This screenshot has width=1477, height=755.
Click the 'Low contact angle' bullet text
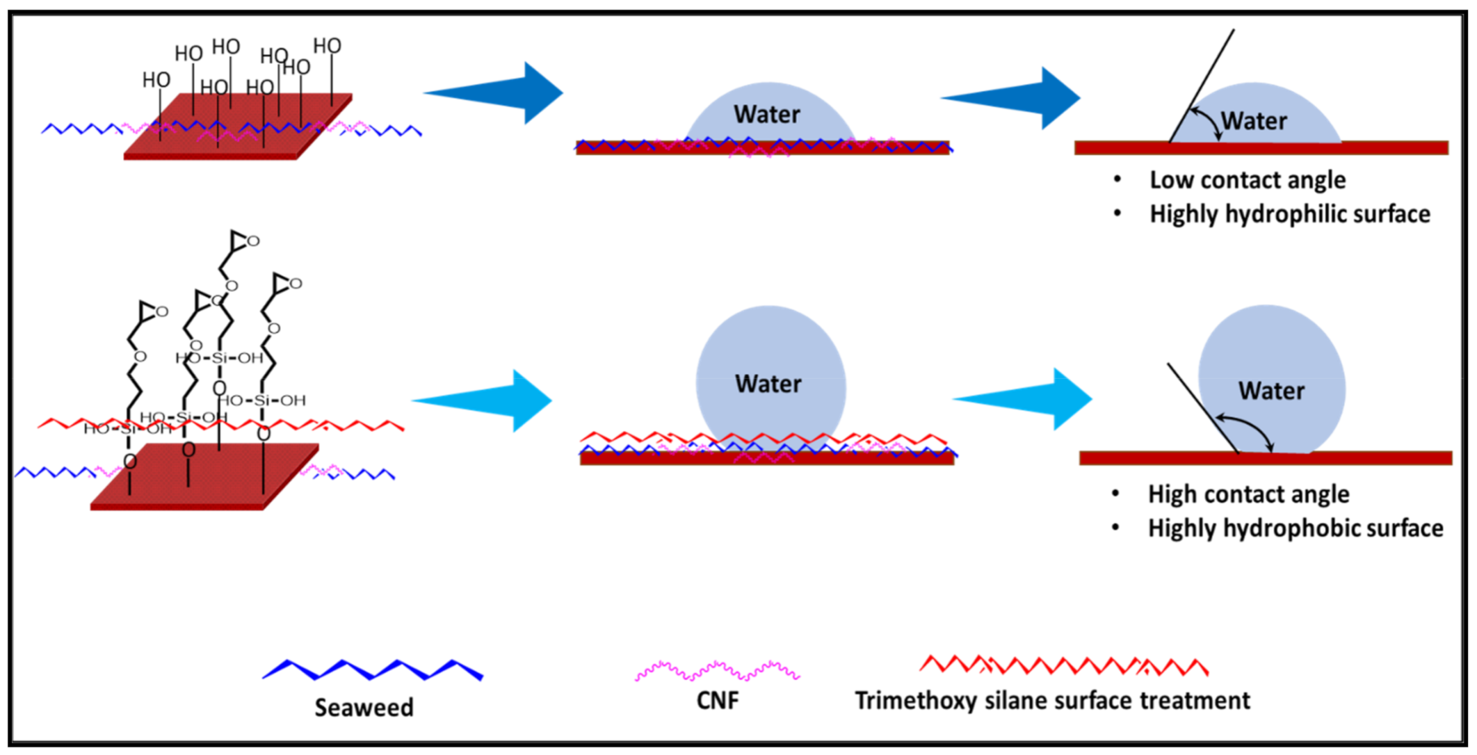1248,180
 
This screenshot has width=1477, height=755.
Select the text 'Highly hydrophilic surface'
1290,214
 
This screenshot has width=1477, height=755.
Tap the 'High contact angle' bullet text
1249,494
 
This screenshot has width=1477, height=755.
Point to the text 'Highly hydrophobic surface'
1296,528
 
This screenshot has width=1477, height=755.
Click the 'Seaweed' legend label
364,708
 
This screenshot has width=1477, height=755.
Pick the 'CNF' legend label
718,701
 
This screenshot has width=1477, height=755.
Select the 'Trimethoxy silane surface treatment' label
1053,701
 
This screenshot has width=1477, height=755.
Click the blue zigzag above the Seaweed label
373,669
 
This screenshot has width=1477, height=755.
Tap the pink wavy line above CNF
717,670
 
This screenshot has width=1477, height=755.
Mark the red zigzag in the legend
1064,665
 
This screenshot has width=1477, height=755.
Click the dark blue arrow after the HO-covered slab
493,93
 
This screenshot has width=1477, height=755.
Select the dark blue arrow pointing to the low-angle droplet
1011,98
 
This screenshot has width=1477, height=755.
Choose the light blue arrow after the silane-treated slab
482,401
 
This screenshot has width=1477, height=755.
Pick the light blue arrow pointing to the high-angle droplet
1023,399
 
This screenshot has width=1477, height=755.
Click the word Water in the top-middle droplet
767,115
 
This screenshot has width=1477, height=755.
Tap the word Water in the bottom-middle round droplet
768,384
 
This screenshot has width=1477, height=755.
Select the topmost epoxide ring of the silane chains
245,240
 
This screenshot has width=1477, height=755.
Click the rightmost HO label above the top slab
328,46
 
